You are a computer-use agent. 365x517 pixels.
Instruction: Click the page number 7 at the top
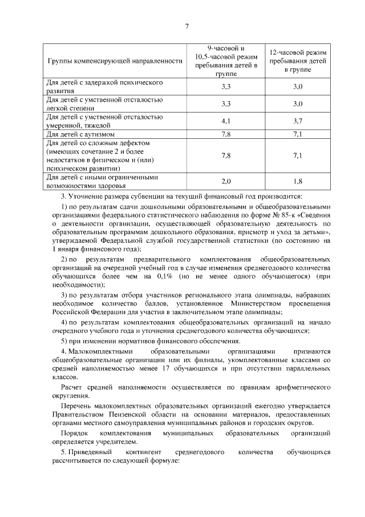pos(186,26)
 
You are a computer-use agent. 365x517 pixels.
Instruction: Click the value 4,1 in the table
pos(225,122)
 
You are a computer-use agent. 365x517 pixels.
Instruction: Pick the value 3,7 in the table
pos(298,122)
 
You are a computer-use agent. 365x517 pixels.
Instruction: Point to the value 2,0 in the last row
pos(225,181)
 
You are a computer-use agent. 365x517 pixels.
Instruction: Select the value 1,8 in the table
pos(298,181)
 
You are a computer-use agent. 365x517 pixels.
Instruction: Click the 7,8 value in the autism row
pos(225,134)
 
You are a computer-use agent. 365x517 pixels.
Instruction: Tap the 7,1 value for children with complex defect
pos(298,155)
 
